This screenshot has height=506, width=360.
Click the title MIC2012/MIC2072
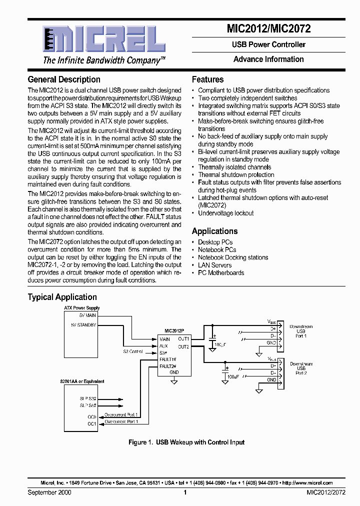coord(269,29)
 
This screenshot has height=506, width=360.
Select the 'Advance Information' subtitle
coord(268,59)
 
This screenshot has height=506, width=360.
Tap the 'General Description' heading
coord(64,79)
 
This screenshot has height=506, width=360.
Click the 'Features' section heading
coord(208,79)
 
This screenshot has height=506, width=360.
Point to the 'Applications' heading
coord(214,231)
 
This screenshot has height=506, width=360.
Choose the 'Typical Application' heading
coord(62,297)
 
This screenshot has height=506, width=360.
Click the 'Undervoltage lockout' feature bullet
coord(226,213)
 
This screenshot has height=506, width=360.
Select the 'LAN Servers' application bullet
coord(215,265)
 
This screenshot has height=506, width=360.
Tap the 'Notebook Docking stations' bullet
coord(233,257)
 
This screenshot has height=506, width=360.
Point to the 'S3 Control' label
coord(133,351)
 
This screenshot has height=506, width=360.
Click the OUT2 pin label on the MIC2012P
coord(183,346)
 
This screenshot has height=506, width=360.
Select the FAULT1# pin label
coord(168,359)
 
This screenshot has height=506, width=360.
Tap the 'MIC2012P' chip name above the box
coord(174,331)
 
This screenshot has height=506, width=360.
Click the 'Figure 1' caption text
coord(186,442)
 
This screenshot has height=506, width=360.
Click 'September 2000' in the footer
coord(49,492)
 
